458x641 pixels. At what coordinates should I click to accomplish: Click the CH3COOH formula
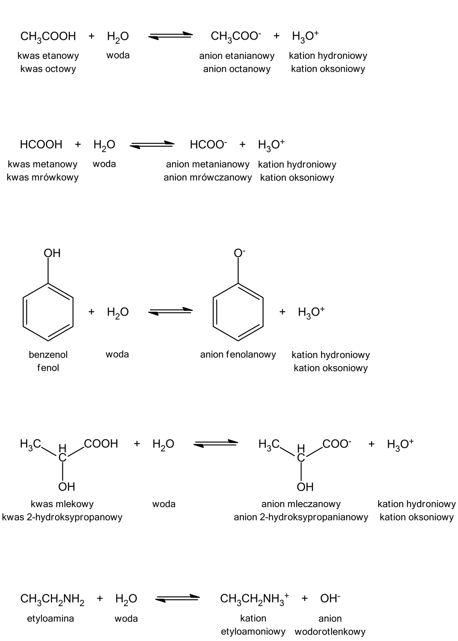point(48,36)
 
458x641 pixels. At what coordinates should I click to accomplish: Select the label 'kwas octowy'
point(48,69)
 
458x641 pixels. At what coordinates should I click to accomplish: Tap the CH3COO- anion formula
point(236,36)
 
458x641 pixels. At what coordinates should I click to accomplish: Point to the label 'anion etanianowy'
point(237,56)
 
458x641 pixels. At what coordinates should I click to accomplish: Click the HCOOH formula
point(41,144)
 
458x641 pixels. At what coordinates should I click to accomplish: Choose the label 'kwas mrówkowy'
point(42,177)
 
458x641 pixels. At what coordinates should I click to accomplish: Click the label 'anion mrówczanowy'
point(208,177)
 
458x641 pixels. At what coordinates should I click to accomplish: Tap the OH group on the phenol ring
point(52,253)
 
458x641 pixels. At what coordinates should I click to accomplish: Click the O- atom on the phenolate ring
point(239,253)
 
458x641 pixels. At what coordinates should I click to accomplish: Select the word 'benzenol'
point(48,355)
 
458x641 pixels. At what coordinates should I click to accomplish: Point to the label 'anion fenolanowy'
point(238,355)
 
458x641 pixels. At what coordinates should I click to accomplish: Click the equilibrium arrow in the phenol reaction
point(171,311)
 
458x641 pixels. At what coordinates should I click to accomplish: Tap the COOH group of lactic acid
point(101,443)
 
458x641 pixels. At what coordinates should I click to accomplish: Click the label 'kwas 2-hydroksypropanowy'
point(62,517)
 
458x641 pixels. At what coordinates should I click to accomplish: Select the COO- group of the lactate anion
point(337,443)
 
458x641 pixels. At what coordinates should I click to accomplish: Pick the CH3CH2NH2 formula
point(52,599)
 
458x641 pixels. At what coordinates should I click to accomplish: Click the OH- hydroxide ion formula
point(330,599)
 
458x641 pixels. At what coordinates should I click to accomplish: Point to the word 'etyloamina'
point(50,619)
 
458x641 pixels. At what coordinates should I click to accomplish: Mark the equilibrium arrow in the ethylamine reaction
point(177,598)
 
